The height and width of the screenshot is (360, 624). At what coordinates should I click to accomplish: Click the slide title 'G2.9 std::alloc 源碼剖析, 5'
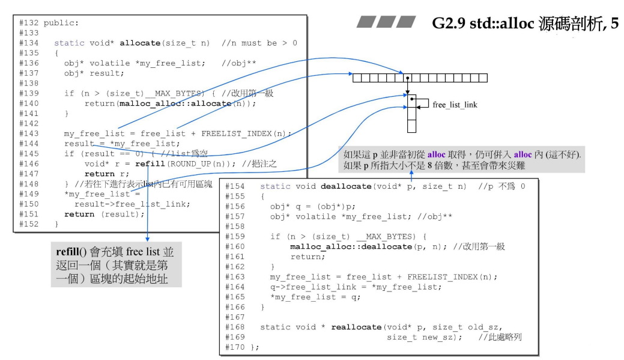(525, 25)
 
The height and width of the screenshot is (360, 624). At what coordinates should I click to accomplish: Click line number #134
(29, 43)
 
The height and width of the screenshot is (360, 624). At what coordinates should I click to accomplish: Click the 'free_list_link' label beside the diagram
(455, 105)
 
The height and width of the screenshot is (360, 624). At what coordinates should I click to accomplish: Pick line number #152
(29, 224)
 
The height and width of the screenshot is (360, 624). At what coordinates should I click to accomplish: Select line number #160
(235, 246)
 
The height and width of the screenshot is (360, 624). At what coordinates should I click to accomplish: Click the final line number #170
(235, 347)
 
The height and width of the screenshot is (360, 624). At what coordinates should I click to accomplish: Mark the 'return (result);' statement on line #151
(105, 213)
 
